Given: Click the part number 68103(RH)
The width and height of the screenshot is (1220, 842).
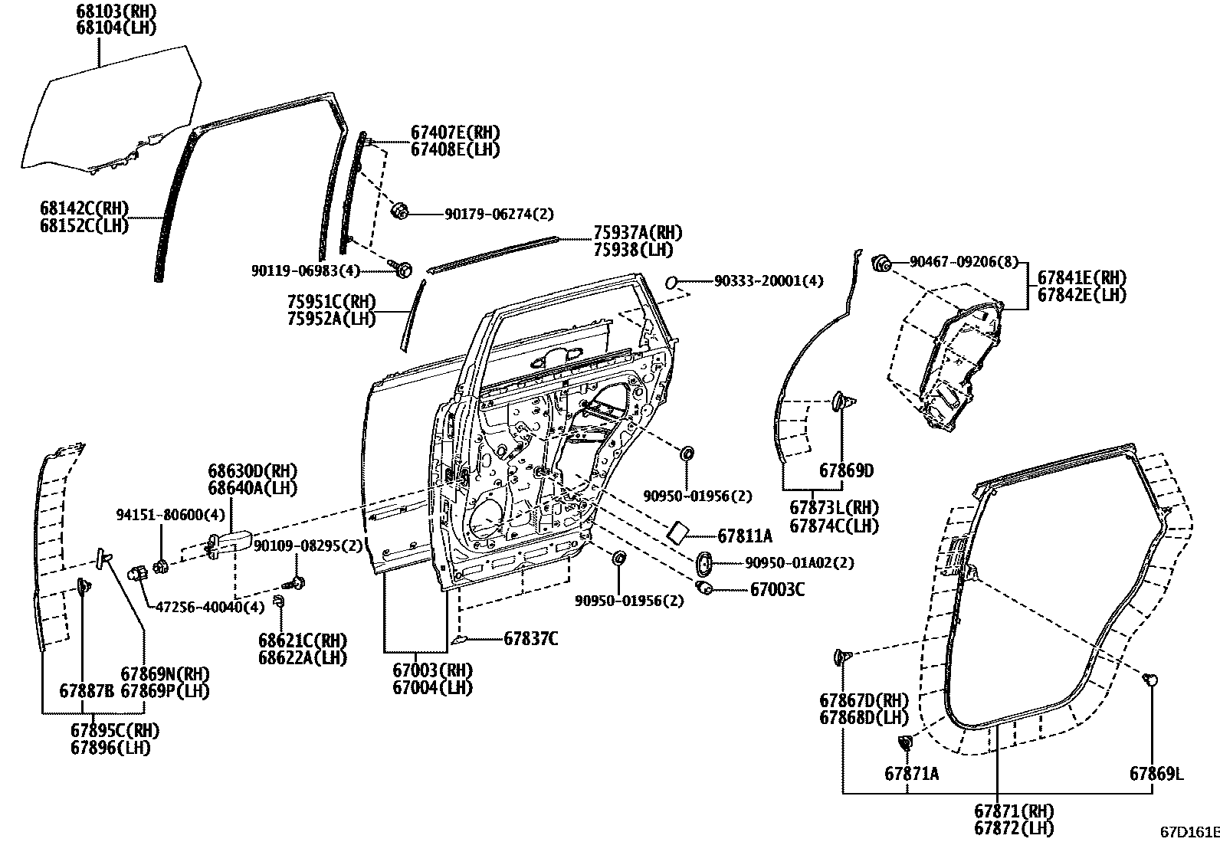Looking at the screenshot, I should click(x=116, y=11).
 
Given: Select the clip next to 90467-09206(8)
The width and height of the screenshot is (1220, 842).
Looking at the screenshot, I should click(x=881, y=264).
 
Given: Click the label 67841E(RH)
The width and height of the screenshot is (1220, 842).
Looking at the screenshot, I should click(x=1081, y=277).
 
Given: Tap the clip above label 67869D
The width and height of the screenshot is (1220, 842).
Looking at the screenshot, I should click(x=842, y=400).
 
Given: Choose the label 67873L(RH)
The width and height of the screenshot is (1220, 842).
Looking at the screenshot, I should click(x=834, y=508).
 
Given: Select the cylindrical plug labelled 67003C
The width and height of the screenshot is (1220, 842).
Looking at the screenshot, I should click(x=704, y=588).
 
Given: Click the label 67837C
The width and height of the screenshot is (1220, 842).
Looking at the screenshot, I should click(x=530, y=637).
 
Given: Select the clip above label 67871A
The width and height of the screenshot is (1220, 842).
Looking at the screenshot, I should click(x=906, y=742).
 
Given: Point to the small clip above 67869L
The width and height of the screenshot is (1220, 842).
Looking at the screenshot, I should click(x=1151, y=679).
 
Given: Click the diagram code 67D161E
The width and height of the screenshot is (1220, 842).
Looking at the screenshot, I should click(x=1189, y=832).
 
